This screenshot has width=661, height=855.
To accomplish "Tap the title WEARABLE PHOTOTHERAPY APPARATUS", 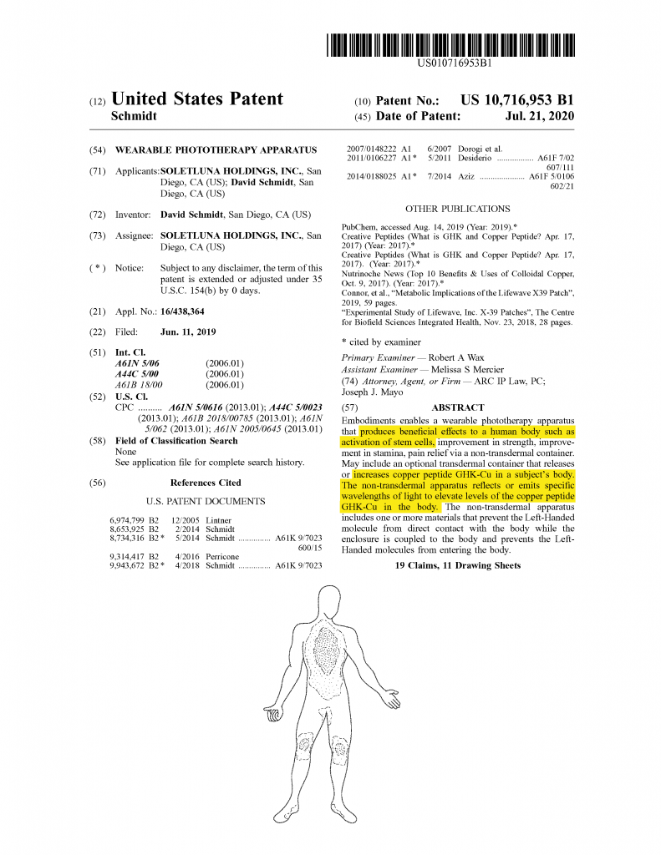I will (x=216, y=150).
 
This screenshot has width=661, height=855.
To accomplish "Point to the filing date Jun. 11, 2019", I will (x=188, y=332).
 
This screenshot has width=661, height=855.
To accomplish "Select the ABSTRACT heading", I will (x=457, y=407).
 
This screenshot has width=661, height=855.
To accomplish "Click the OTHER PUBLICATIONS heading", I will (x=457, y=209).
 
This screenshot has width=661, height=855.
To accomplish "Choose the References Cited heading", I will (x=206, y=483).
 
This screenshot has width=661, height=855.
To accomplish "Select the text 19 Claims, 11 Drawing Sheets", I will (x=457, y=566).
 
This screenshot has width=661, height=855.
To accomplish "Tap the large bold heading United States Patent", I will (x=197, y=99).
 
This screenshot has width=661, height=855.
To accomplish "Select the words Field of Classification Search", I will (x=176, y=441).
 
